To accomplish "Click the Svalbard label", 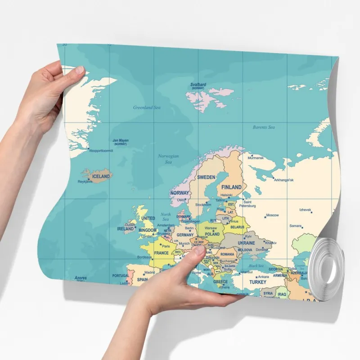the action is (198, 85).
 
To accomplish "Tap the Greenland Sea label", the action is (147, 108).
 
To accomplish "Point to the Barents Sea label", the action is (264, 127).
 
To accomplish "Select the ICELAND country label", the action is (101, 176).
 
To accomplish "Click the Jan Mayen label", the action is (120, 141).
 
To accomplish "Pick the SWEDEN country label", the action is (207, 177).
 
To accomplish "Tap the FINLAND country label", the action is (231, 187).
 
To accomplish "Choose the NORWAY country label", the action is (180, 193).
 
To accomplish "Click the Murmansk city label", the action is (256, 158).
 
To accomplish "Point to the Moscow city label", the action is (272, 215).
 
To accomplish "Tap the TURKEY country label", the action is (258, 282).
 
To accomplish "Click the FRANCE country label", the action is (161, 253).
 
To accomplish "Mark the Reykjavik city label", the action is (85, 182).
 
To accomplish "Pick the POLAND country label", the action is (212, 234).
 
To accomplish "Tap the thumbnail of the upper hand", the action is (80, 70).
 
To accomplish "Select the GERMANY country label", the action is (185, 235).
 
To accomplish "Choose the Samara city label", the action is (295, 226).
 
